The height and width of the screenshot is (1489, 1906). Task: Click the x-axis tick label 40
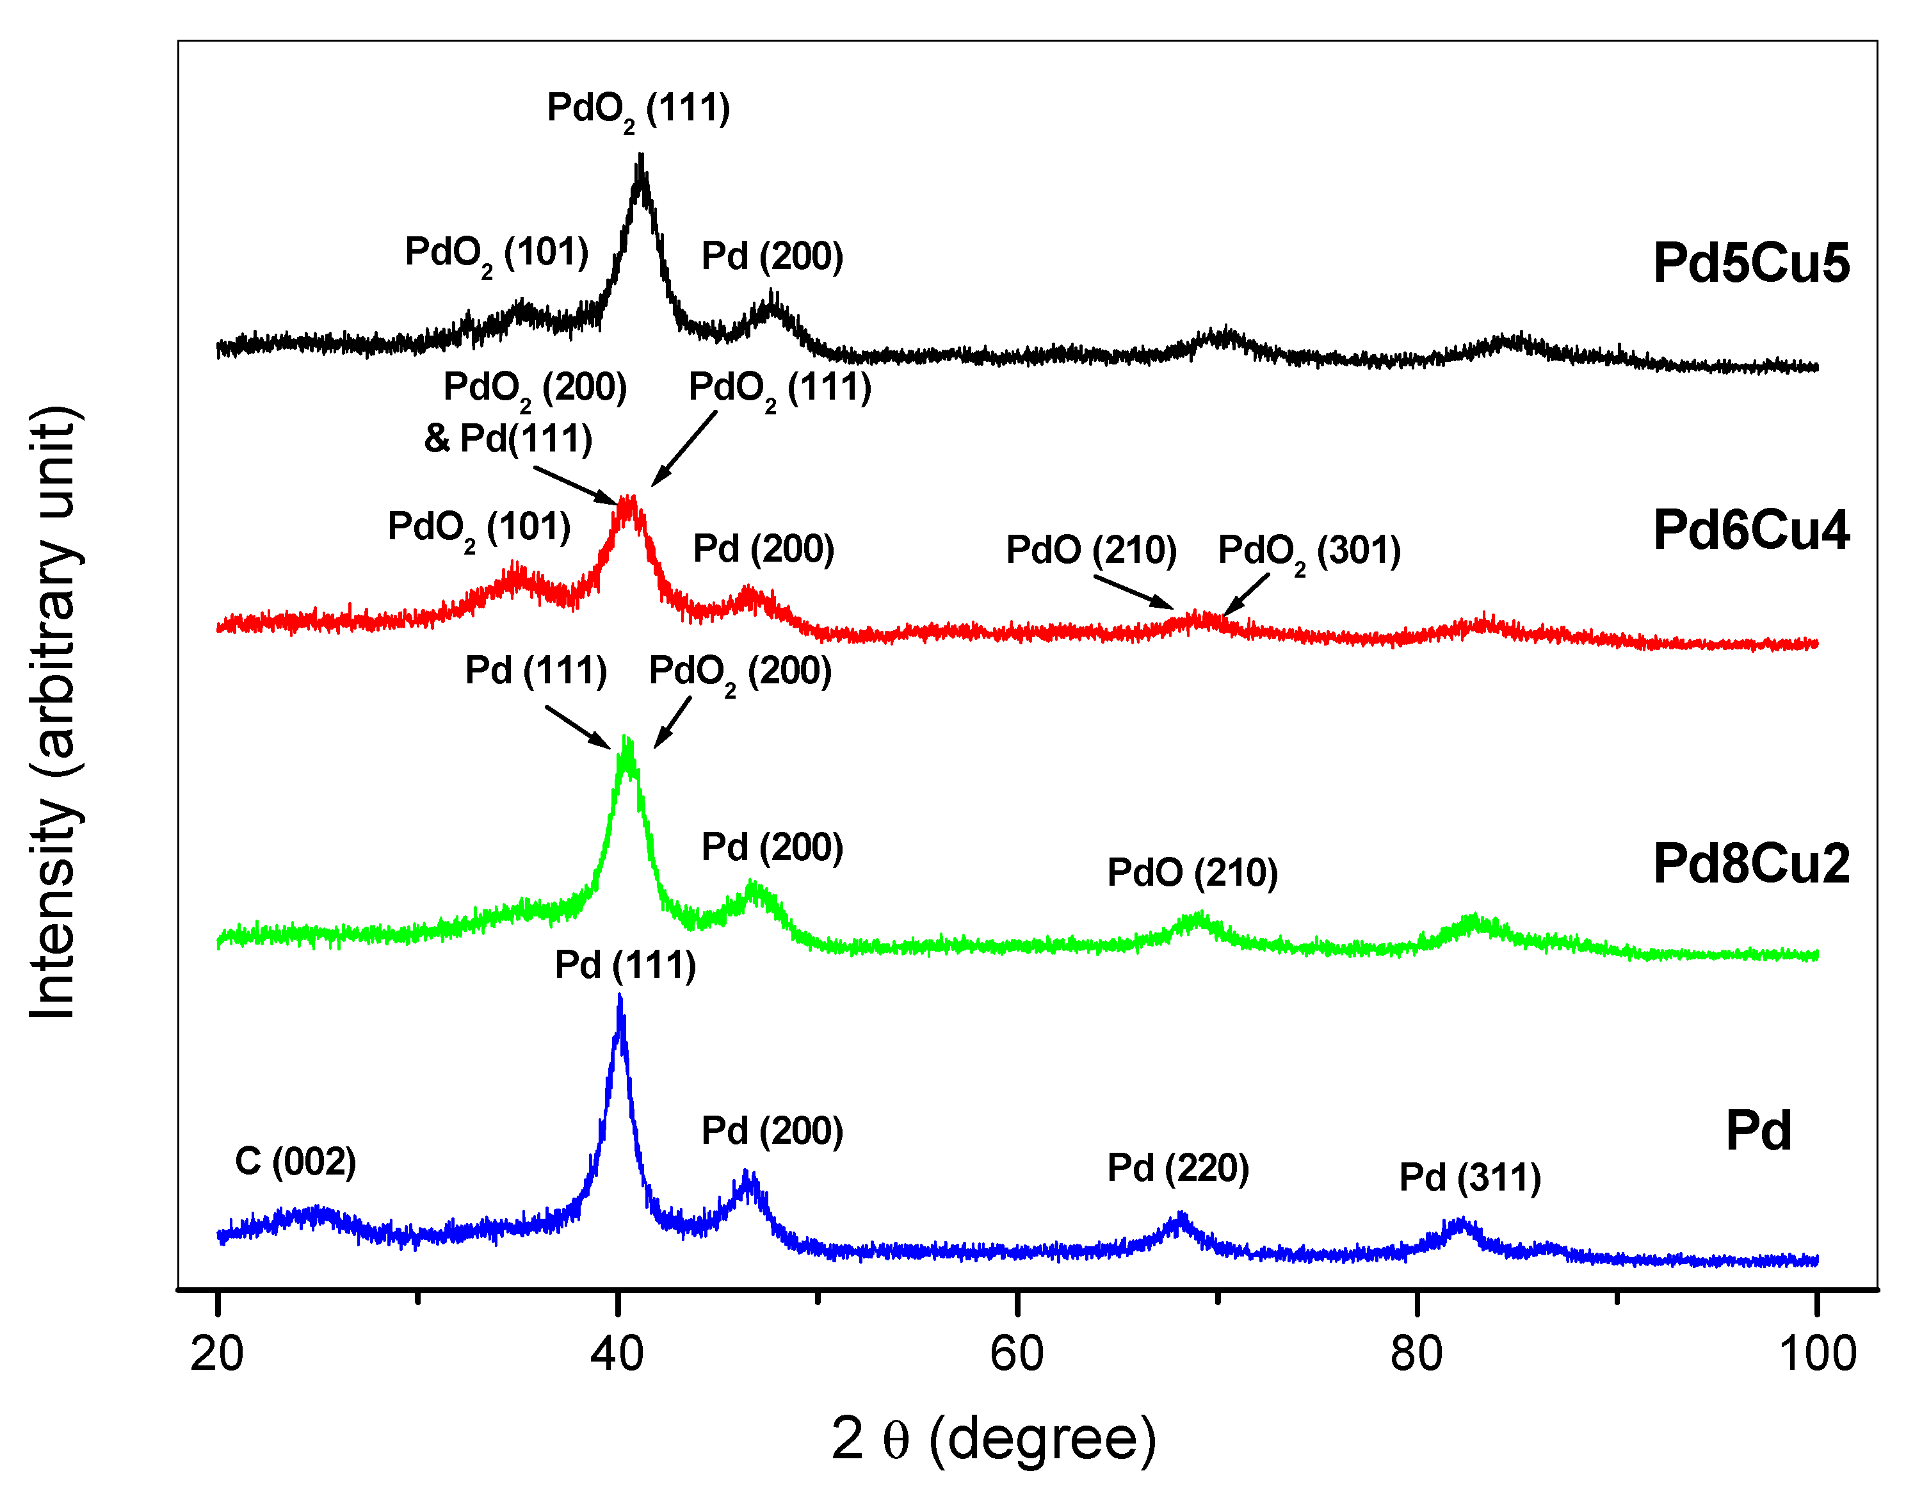(x=617, y=1355)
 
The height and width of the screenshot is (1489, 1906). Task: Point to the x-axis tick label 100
(x=1817, y=1355)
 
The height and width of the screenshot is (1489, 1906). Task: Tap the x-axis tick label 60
(x=1017, y=1355)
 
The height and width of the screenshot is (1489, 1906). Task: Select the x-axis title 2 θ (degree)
(x=993, y=1439)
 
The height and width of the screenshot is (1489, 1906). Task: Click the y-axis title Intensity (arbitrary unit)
(x=54, y=712)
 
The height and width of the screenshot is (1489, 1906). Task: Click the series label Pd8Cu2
(x=1750, y=864)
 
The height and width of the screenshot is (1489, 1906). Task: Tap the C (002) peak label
(x=295, y=1162)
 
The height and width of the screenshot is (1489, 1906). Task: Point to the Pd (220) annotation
(x=1177, y=1168)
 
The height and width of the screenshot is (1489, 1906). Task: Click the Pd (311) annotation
(x=1469, y=1177)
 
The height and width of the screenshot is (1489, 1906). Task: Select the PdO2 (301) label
(x=1309, y=551)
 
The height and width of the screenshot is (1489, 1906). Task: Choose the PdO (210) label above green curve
(x=1192, y=873)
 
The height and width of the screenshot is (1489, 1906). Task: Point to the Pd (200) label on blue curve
(x=772, y=1131)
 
